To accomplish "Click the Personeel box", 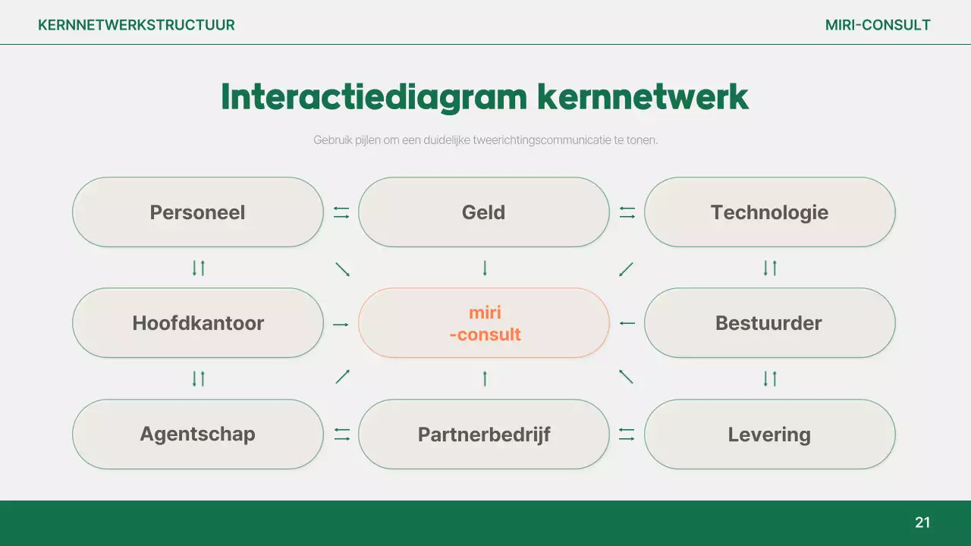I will click(x=197, y=212).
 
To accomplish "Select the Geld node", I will click(x=483, y=212).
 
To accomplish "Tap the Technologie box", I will click(x=769, y=212).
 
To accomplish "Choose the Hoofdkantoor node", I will click(x=197, y=323).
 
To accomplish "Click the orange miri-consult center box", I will click(x=483, y=323).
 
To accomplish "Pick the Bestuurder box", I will click(x=769, y=323).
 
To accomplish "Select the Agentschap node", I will click(x=197, y=435).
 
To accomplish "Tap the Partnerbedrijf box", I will click(x=483, y=435).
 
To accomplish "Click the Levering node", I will click(x=769, y=435).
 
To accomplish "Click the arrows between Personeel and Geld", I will click(x=341, y=213).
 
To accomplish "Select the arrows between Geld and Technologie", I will click(x=627, y=213).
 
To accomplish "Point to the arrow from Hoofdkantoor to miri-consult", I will click(x=341, y=325).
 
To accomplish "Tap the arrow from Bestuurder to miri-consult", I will click(x=627, y=324).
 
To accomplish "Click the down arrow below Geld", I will click(x=485, y=268).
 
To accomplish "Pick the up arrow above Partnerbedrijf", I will click(x=485, y=378).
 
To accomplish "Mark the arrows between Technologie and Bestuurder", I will click(x=770, y=268).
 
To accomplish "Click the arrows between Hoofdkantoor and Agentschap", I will click(x=199, y=378).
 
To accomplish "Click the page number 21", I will click(x=922, y=522).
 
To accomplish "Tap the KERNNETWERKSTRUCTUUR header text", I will click(x=137, y=25).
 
